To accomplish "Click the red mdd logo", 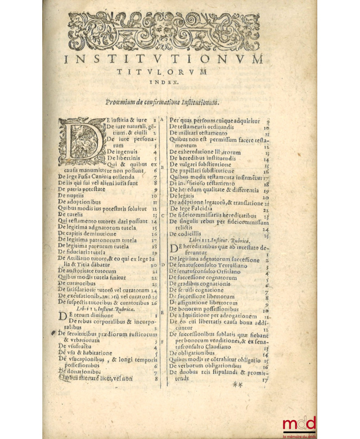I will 299,424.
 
